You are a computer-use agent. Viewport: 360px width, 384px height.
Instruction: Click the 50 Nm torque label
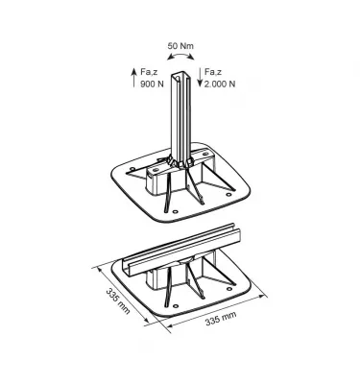(181, 46)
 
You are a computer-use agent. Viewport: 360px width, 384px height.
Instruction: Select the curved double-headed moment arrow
(181, 60)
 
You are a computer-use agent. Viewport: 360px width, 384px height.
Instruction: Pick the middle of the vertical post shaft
(182, 110)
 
